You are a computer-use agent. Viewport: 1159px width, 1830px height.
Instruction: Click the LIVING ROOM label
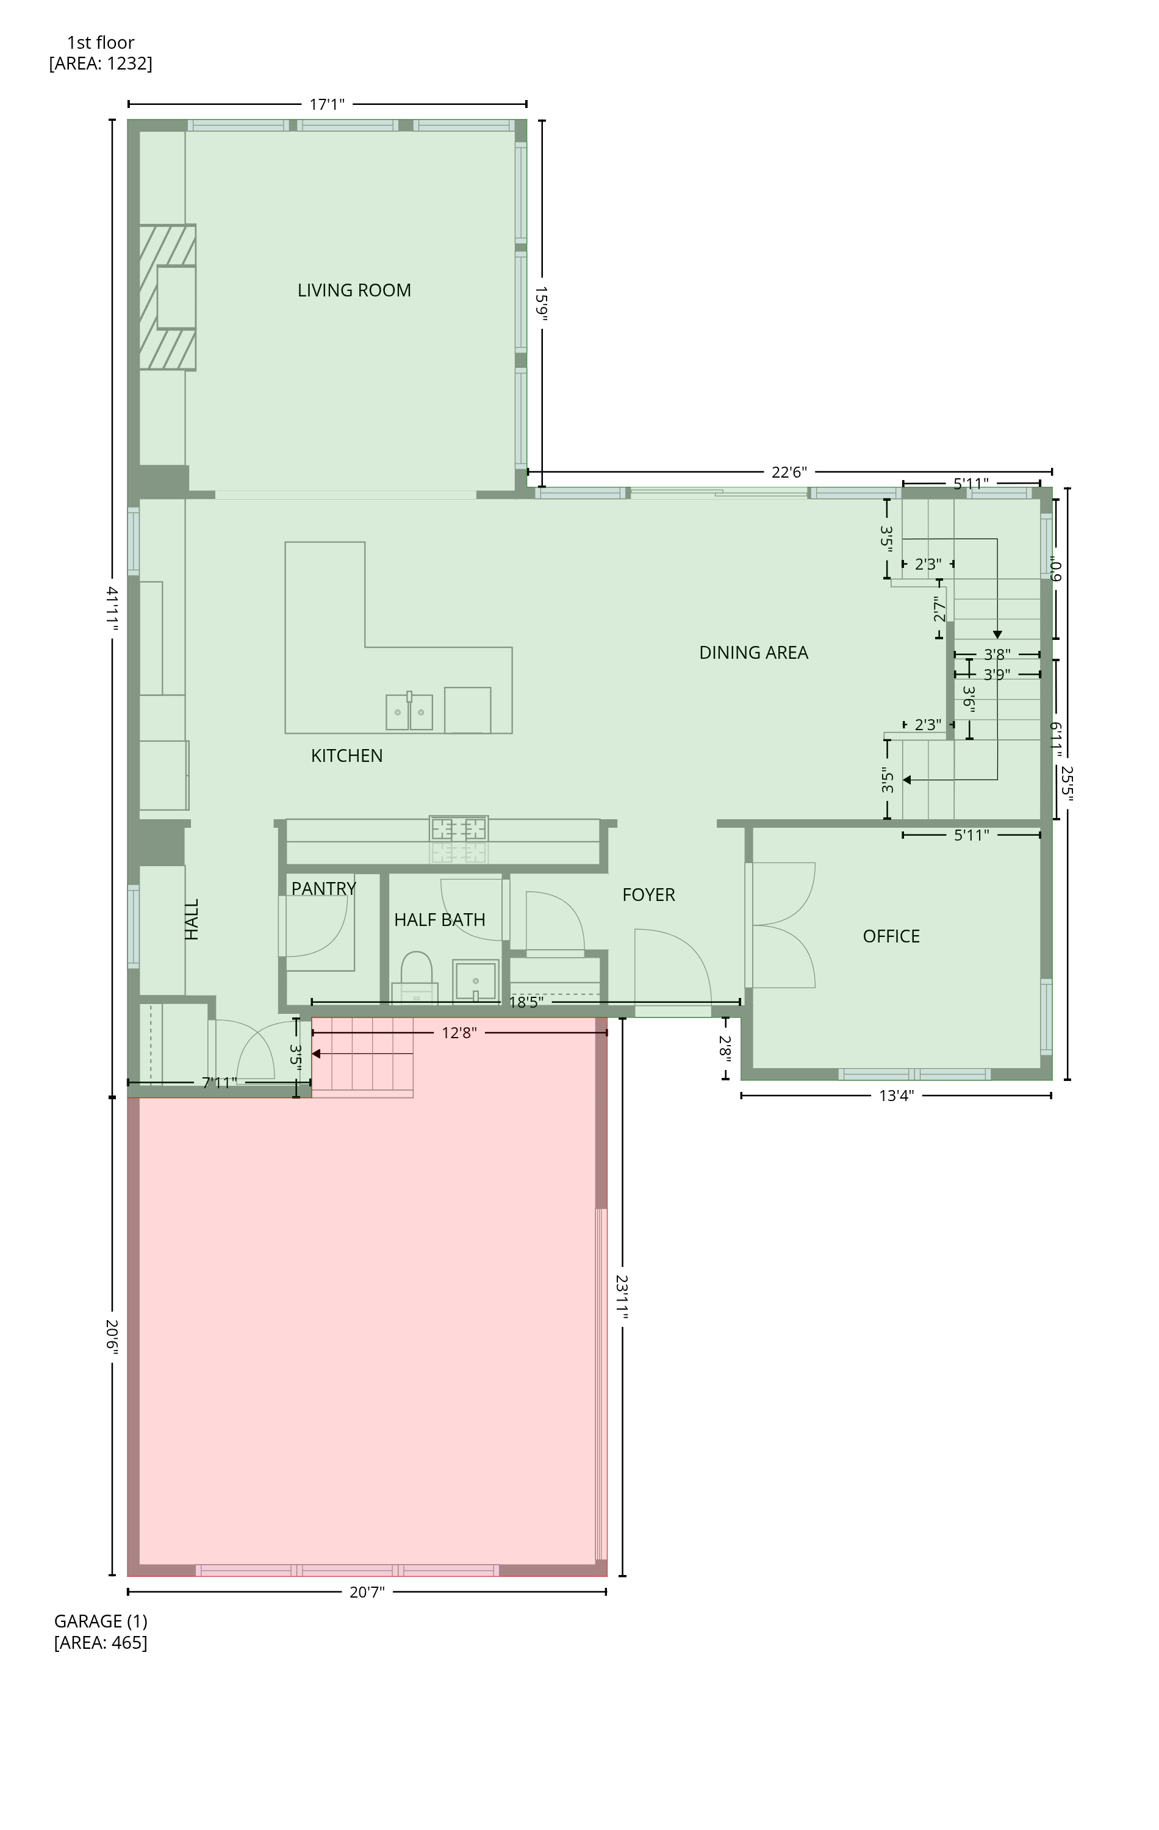click(x=354, y=290)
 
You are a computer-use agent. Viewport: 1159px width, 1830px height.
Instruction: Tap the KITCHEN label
click(x=346, y=755)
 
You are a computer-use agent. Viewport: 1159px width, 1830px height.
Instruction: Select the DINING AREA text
click(x=753, y=653)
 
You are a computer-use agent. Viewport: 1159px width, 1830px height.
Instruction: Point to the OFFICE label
click(x=891, y=936)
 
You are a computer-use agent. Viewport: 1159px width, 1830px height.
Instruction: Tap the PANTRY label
click(x=324, y=888)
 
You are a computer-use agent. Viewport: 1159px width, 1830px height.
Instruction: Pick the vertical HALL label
click(x=192, y=919)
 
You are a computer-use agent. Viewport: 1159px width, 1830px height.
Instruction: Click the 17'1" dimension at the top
click(x=327, y=104)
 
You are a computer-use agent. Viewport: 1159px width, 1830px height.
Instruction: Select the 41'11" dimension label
click(x=112, y=608)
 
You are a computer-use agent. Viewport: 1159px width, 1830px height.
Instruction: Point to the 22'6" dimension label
click(x=789, y=473)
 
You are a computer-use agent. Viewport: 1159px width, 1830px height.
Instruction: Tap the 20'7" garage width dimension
click(x=367, y=1592)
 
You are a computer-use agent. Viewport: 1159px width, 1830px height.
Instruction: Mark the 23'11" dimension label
click(x=622, y=1297)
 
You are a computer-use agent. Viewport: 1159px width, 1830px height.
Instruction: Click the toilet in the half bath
click(x=416, y=977)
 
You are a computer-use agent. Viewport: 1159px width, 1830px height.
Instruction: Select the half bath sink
click(x=476, y=981)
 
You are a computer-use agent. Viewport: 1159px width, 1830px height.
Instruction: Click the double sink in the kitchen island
click(x=409, y=711)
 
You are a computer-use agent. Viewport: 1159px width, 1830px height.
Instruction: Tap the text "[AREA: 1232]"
click(x=100, y=63)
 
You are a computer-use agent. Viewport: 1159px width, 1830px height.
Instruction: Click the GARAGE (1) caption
click(x=100, y=1621)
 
